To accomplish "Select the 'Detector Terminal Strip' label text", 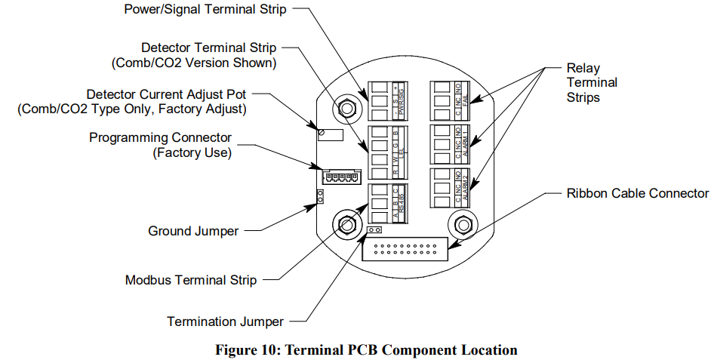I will point(208,48).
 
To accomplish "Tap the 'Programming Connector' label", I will point(160,138).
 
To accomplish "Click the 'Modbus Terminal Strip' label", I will point(190,280).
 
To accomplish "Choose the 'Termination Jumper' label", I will point(225,322).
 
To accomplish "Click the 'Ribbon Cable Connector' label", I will point(638,193).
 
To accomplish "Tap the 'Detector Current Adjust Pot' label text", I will point(166,95).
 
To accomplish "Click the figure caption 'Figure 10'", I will point(366,350).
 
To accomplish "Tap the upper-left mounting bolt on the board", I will point(347,108).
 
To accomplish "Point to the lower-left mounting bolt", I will point(346,224).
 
